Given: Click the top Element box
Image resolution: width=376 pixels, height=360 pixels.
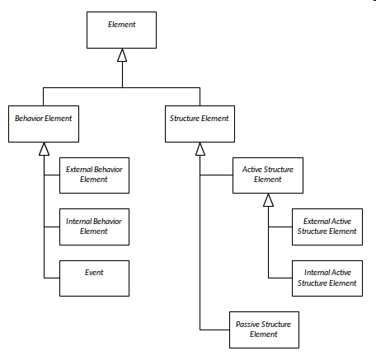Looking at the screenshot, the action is pyautogui.click(x=121, y=30).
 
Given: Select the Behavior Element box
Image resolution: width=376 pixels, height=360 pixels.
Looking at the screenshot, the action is pyautogui.click(x=44, y=124).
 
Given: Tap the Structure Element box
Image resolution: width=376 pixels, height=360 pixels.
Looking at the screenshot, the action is pyautogui.click(x=200, y=124).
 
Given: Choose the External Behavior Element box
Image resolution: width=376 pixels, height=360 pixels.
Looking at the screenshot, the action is pyautogui.click(x=94, y=175).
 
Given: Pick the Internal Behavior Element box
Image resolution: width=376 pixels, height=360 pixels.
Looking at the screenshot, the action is pyautogui.click(x=94, y=227).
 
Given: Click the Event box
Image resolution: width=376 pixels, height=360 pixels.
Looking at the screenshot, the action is pyautogui.click(x=94, y=278).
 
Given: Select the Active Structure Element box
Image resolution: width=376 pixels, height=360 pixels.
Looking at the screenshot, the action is pyautogui.click(x=268, y=175).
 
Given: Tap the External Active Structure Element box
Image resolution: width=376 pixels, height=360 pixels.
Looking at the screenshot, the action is pyautogui.click(x=327, y=227).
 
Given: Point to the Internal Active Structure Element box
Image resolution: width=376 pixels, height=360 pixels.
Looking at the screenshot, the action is pyautogui.click(x=327, y=278).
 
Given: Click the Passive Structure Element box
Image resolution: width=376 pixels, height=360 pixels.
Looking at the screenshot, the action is pyautogui.click(x=264, y=330).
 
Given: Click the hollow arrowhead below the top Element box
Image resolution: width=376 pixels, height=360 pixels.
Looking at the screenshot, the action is pyautogui.click(x=122, y=55).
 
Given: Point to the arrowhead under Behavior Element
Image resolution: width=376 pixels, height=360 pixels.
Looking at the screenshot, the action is pyautogui.click(x=44, y=149).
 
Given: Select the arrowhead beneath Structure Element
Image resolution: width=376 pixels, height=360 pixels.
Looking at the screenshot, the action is pyautogui.click(x=200, y=149).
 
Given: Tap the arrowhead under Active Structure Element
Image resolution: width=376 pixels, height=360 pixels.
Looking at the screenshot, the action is pyautogui.click(x=268, y=200).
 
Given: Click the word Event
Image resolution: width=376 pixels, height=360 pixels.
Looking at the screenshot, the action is pyautogui.click(x=94, y=273).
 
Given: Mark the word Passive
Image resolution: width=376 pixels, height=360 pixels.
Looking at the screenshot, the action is pyautogui.click(x=247, y=325).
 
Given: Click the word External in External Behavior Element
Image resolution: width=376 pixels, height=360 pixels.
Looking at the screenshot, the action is pyautogui.click(x=78, y=170).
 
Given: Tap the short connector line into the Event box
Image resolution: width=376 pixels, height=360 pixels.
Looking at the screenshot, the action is pyautogui.click(x=52, y=278).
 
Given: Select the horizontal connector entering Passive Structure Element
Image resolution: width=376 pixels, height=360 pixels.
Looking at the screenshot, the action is pyautogui.click(x=214, y=330).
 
